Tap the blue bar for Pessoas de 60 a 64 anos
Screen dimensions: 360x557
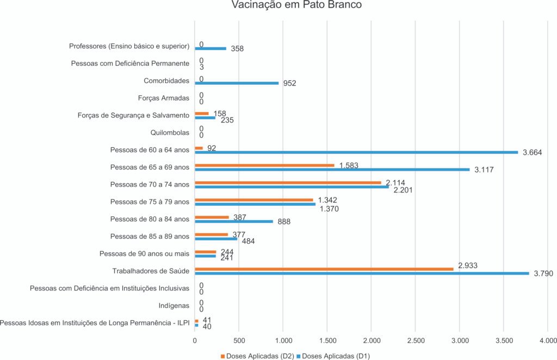click(x=356, y=152)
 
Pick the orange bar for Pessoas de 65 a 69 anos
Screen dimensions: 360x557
click(x=264, y=165)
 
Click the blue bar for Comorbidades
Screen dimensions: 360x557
click(x=237, y=83)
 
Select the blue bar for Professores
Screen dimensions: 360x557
click(x=211, y=48)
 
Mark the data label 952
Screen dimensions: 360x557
click(x=289, y=84)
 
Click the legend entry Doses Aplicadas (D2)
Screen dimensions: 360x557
click(x=259, y=356)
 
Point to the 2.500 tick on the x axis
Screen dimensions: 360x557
click(x=415, y=340)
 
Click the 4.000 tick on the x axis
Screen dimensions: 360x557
click(x=547, y=340)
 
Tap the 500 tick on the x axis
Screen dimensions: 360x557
click(x=239, y=340)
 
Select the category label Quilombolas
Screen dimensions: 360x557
click(x=170, y=132)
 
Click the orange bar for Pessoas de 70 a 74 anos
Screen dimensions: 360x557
click(x=288, y=183)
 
